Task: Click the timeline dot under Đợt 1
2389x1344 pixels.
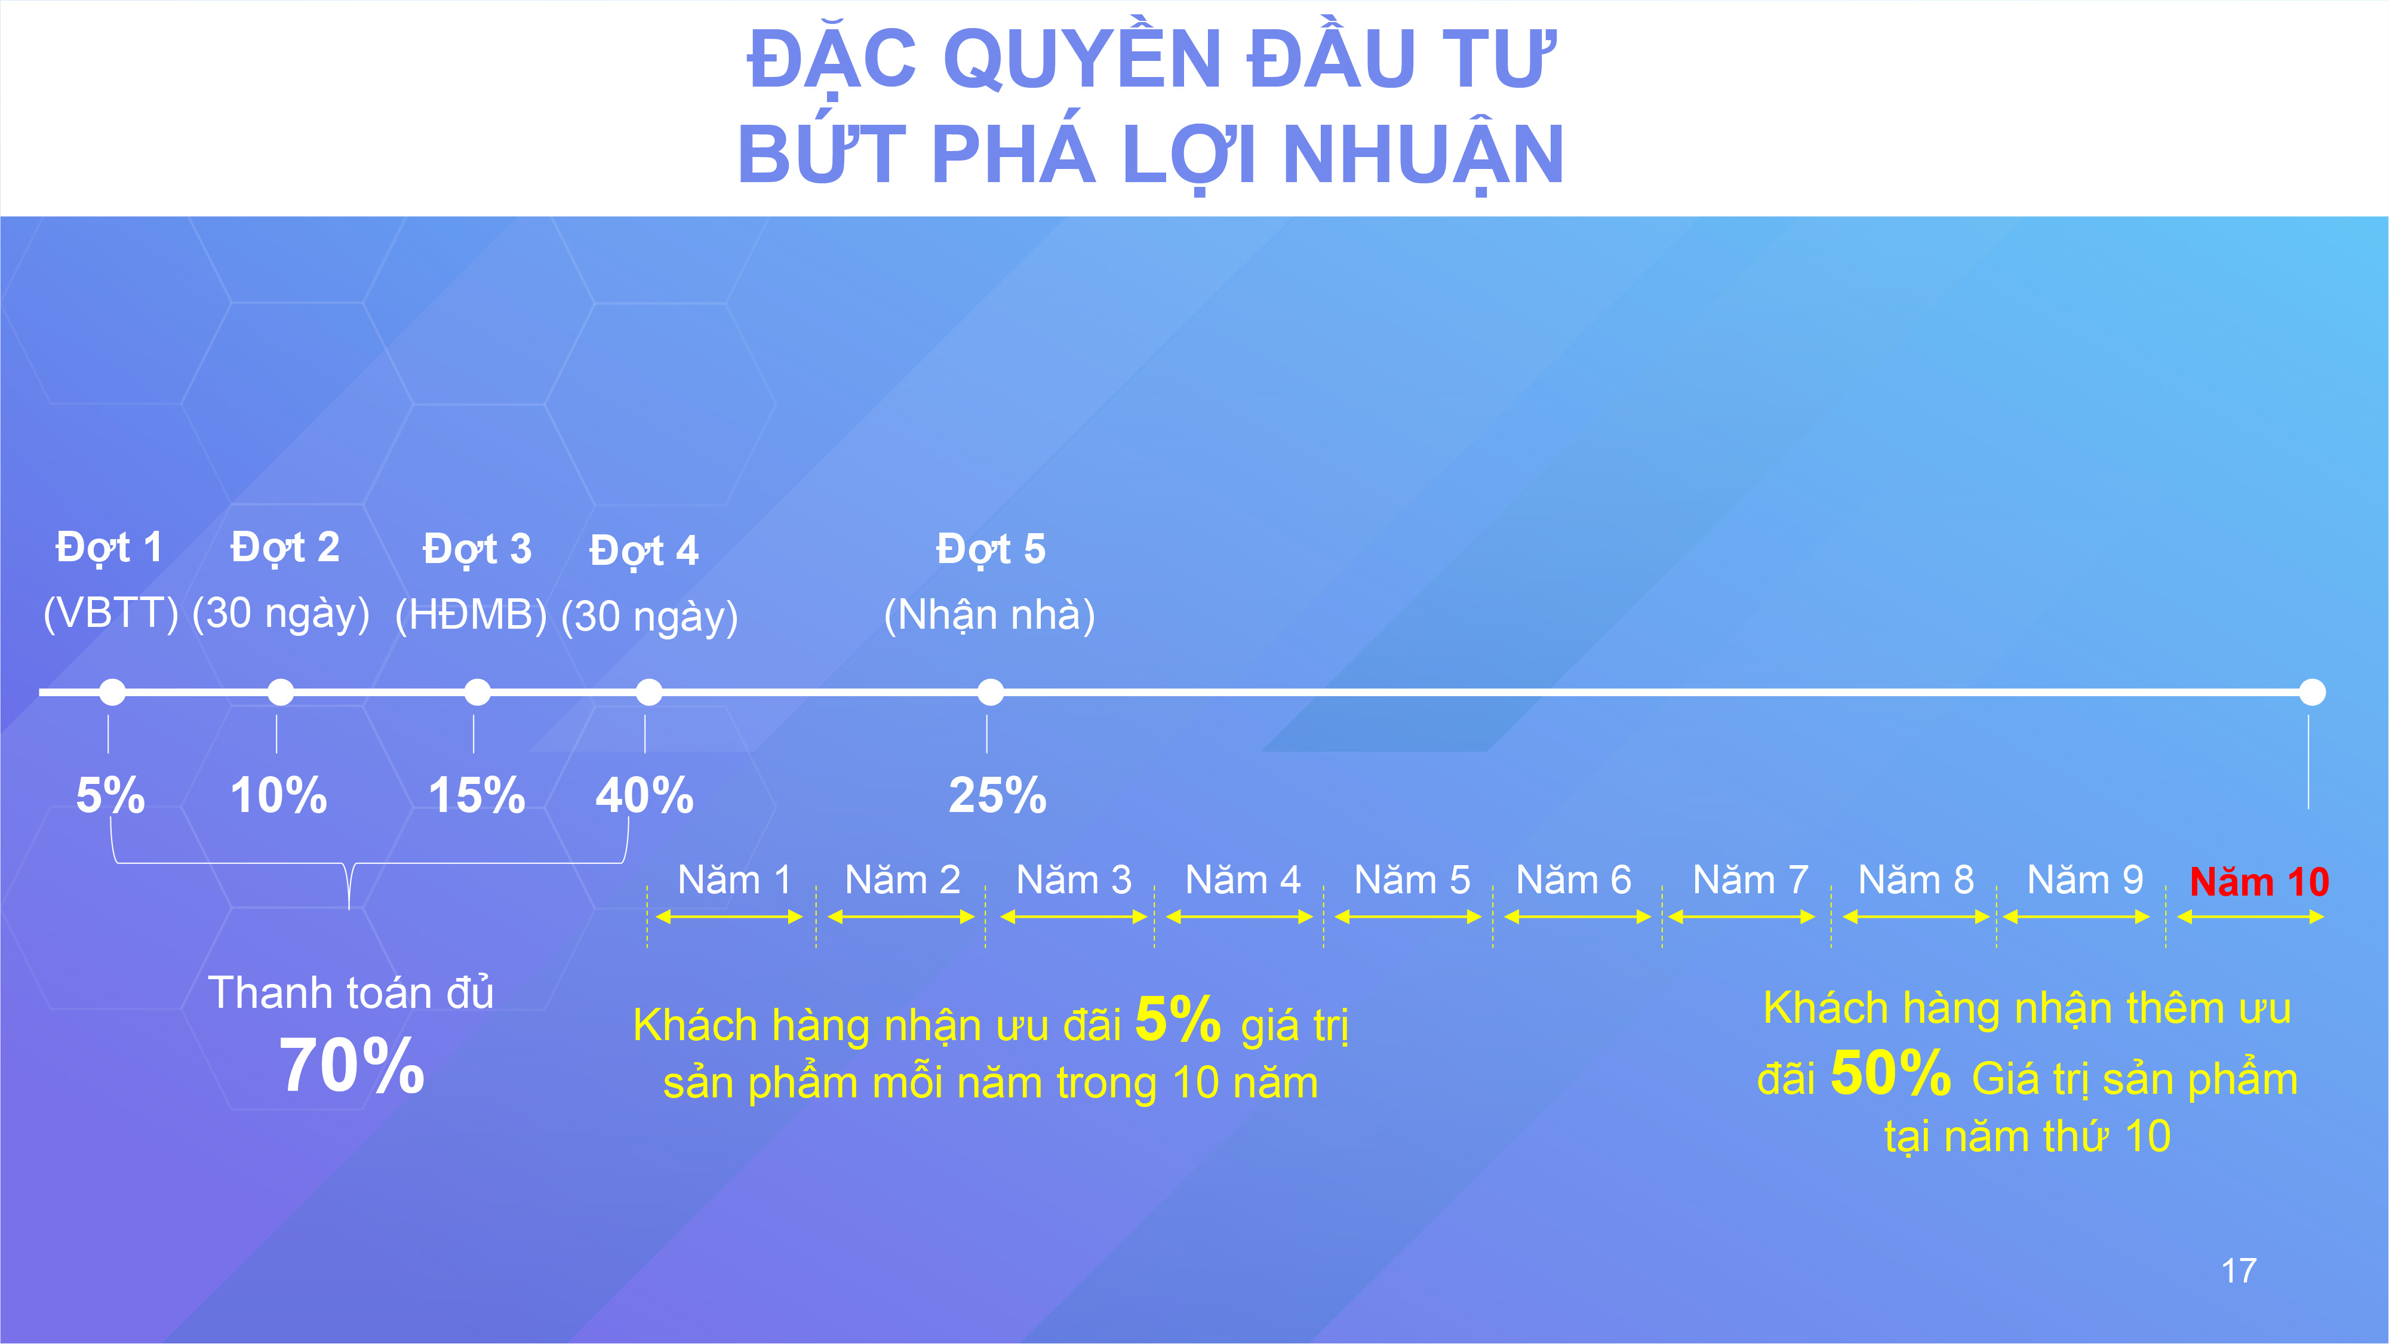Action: click(x=112, y=692)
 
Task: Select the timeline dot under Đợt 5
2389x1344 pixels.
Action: click(x=991, y=692)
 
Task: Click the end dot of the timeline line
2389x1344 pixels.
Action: click(x=2312, y=692)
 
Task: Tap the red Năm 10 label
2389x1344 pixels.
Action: click(x=2259, y=881)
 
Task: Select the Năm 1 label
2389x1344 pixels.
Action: click(x=734, y=879)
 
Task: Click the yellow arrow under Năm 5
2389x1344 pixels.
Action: click(x=1408, y=917)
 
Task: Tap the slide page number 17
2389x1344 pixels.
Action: click(x=2239, y=1271)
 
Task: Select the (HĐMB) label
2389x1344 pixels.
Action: click(x=471, y=614)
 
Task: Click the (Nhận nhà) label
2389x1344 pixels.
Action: click(x=989, y=614)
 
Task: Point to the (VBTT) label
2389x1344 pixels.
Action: click(x=111, y=612)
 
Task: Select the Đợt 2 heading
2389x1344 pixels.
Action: click(x=285, y=548)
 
